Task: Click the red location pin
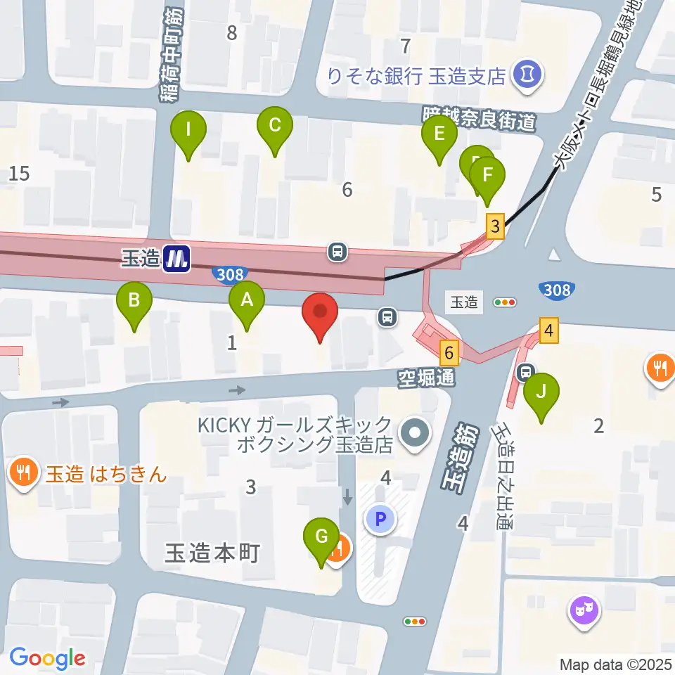[x=320, y=314]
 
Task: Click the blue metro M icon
[x=176, y=259]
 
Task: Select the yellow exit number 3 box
[x=496, y=226]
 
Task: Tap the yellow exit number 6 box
[x=449, y=352]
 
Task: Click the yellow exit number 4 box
[x=549, y=330]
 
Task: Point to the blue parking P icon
[x=380, y=520]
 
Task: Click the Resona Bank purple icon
[x=526, y=73]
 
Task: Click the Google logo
[x=47, y=658]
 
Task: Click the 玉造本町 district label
[x=212, y=553]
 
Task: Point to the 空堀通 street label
[x=426, y=378]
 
